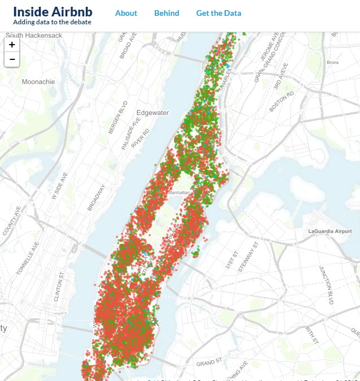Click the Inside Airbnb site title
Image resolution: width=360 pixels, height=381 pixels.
pyautogui.click(x=53, y=11)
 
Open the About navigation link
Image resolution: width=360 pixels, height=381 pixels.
pyautogui.click(x=126, y=13)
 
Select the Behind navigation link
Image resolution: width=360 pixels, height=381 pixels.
pyautogui.click(x=167, y=13)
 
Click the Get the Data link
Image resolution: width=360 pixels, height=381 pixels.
pyautogui.click(x=219, y=13)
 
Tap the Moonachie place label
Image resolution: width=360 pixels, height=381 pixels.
pyautogui.click(x=38, y=82)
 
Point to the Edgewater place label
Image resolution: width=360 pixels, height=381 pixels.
pyautogui.click(x=153, y=112)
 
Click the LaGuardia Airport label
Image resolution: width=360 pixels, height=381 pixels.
pyautogui.click(x=330, y=232)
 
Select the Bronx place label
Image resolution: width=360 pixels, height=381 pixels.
pyautogui.click(x=333, y=62)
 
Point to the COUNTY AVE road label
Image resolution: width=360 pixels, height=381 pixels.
pyautogui.click(x=11, y=220)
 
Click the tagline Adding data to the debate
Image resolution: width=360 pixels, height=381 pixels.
pyautogui.click(x=52, y=22)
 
